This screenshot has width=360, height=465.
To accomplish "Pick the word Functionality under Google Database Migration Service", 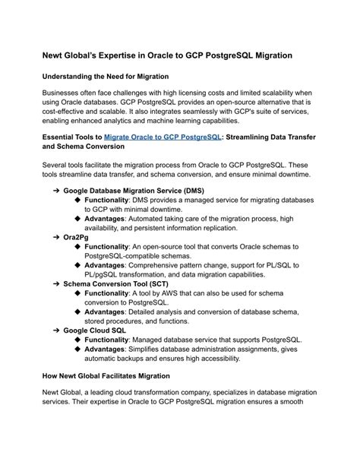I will click(112, 201).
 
